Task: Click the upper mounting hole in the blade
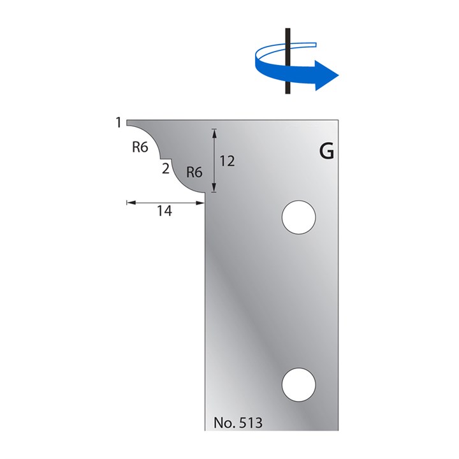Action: (298, 217)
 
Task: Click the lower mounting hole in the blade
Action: (298, 384)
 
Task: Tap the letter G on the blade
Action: (326, 152)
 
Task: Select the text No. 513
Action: (238, 423)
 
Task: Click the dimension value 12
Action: (227, 161)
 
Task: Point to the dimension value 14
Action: (164, 211)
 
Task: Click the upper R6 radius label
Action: (140, 147)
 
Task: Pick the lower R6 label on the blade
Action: (194, 172)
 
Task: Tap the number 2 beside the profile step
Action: (166, 168)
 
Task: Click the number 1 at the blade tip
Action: (119, 122)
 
